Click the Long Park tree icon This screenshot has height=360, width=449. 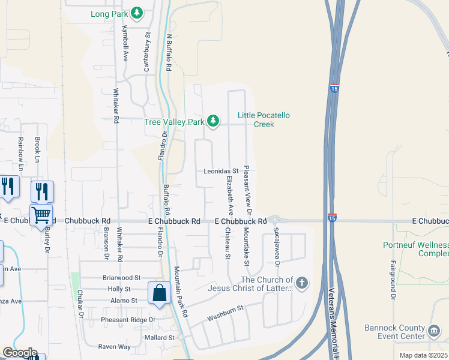tap(137, 13)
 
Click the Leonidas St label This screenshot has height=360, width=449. tap(221, 171)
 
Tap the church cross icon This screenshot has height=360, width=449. tap(302, 283)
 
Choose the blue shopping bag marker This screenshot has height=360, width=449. tap(160, 294)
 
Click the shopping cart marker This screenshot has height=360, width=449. tap(41, 214)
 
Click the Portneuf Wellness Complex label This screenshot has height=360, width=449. tap(416, 249)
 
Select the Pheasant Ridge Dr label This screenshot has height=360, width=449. tap(128, 320)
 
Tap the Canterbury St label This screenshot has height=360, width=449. tap(146, 52)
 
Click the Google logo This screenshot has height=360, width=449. tap(20, 353)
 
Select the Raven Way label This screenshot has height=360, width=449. tap(114, 347)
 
